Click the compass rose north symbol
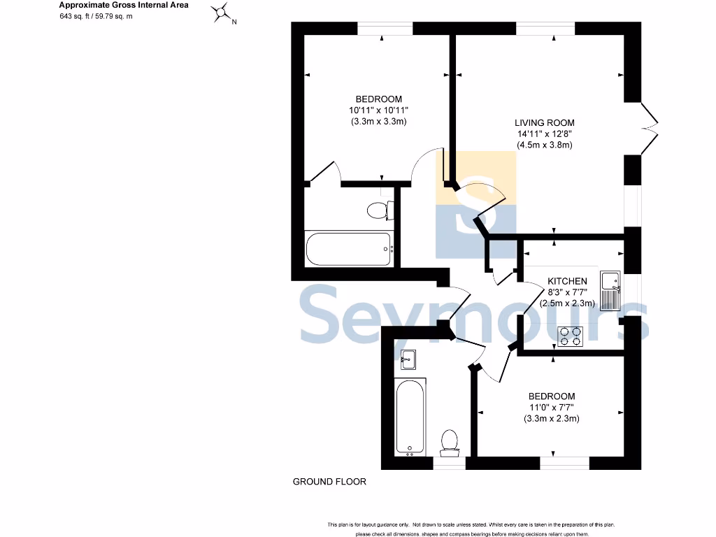(222, 13)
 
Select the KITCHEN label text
(567, 281)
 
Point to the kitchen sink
(611, 289)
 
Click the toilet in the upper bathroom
(380, 210)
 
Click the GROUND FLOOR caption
(329, 482)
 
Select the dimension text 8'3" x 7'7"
(567, 292)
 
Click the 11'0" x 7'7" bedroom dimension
(552, 408)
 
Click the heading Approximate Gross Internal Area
(113, 5)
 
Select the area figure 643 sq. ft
(75, 15)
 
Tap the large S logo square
(475, 205)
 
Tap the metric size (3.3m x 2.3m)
(552, 419)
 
